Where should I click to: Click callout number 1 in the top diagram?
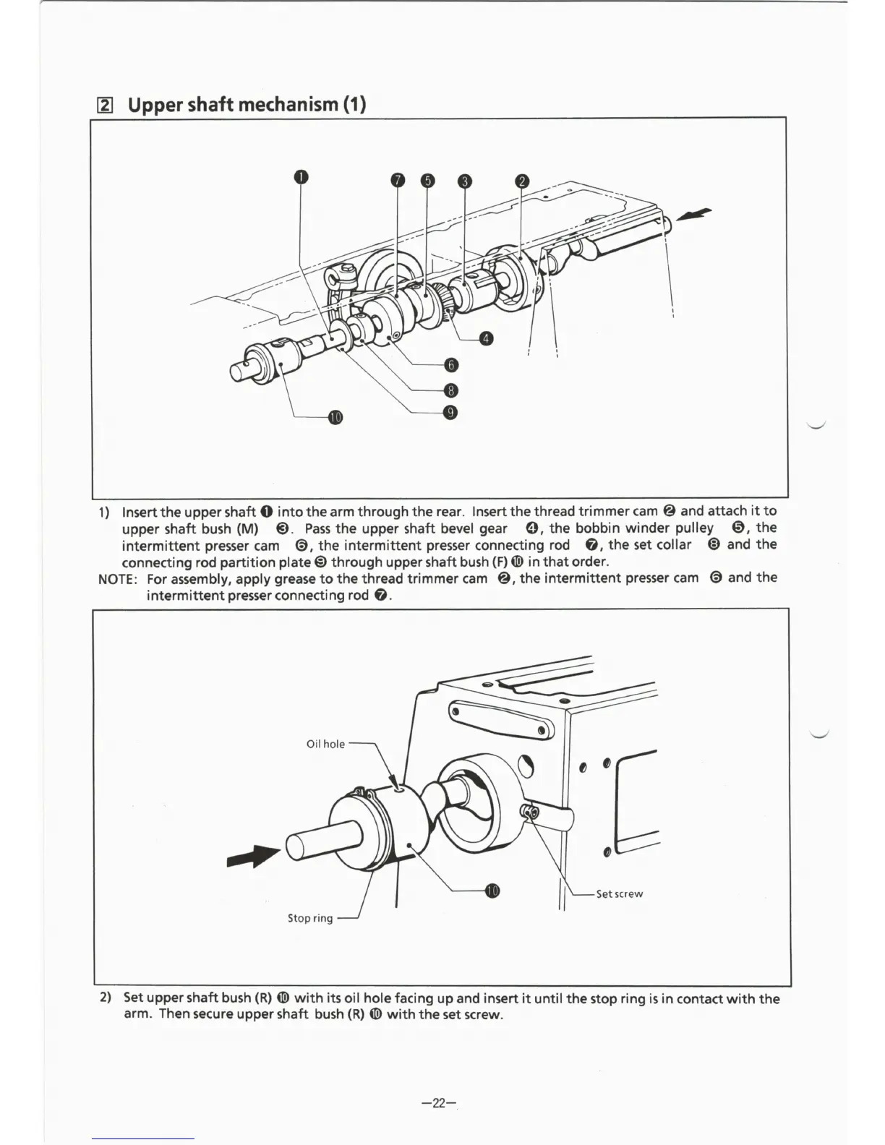302,178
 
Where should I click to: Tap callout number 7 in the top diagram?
396,180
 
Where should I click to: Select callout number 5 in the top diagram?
427,180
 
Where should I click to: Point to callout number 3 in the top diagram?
465,181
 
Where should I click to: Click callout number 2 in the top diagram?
522,181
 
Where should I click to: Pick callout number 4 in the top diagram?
487,338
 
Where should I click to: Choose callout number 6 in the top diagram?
451,365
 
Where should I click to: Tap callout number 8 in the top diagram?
451,390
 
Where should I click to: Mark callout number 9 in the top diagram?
451,413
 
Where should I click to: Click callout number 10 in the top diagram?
335,418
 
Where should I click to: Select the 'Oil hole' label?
325,744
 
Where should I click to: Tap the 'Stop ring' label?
310,918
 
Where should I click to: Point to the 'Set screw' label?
619,893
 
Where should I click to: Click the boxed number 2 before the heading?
106,106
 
